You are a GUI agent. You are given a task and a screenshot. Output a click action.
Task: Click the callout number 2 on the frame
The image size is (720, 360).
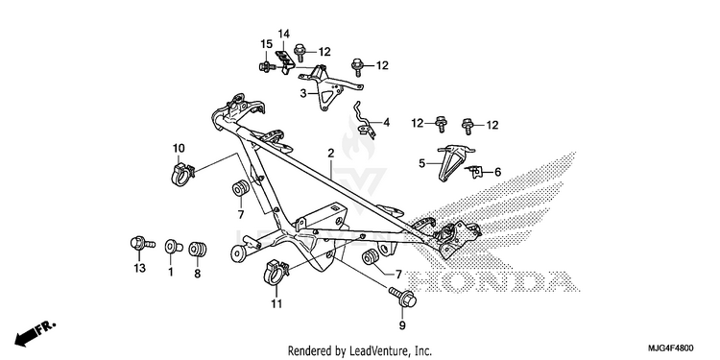(x=331, y=154)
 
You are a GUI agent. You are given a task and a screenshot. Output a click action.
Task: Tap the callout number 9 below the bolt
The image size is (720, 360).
(x=402, y=325)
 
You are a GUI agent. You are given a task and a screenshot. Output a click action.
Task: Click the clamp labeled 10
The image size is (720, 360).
(x=181, y=173)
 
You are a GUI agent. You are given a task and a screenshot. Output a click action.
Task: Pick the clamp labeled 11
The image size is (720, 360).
(x=276, y=273)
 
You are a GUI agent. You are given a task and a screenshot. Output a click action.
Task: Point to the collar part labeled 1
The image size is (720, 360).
(x=173, y=247)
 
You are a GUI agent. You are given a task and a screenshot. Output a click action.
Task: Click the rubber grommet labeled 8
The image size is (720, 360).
(x=198, y=249)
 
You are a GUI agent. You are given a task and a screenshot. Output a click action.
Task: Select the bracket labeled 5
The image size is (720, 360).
(x=452, y=160)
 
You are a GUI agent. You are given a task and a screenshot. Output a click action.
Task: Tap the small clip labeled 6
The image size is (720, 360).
(x=474, y=172)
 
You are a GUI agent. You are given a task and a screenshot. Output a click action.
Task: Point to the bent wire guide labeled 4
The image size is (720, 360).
(x=365, y=120)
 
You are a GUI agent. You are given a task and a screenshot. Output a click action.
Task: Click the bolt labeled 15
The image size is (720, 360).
(x=267, y=67)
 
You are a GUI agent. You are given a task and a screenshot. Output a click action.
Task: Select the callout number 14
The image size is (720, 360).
(x=284, y=34)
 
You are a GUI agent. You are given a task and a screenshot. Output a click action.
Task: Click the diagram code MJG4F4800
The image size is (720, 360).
(x=671, y=348)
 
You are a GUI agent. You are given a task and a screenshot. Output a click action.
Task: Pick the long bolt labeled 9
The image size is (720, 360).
(x=402, y=297)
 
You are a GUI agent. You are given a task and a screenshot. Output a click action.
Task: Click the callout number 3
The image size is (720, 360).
(x=303, y=93)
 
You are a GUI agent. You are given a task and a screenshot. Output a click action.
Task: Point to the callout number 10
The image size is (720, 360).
(x=179, y=148)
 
